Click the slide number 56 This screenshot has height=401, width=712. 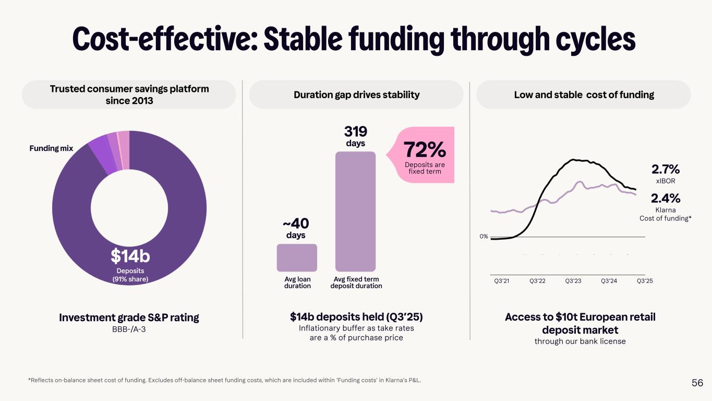[697, 383]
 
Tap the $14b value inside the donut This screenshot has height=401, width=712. [130, 256]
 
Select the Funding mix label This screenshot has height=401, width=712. [51, 149]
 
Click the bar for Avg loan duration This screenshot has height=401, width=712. [297, 257]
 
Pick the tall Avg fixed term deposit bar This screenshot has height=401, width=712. [355, 211]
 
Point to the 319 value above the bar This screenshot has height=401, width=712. [355, 131]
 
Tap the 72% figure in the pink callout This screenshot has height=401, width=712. [425, 150]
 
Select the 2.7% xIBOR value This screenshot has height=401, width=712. [665, 170]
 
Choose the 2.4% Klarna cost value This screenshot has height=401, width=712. [665, 198]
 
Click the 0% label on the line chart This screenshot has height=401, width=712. [484, 237]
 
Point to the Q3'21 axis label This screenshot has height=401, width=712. [501, 281]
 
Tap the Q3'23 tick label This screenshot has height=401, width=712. [573, 281]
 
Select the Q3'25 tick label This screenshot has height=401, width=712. [645, 281]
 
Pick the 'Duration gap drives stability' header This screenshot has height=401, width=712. [356, 95]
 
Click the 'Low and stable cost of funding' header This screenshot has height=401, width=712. [584, 95]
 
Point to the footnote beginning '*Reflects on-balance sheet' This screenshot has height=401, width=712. [224, 381]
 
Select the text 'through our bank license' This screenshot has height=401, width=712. [580, 341]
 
